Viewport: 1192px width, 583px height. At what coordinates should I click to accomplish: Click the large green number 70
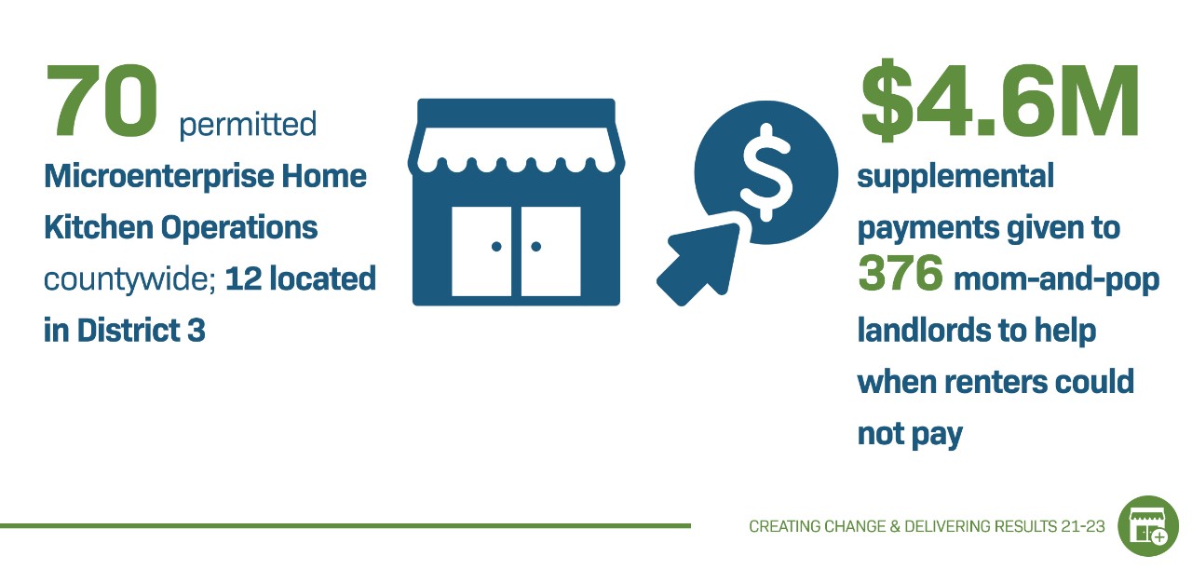tap(102, 101)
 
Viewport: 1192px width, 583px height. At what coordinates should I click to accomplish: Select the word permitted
tap(248, 126)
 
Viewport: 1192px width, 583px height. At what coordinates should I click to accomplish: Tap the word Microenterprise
tap(158, 177)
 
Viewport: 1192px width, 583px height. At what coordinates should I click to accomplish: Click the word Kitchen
tap(99, 227)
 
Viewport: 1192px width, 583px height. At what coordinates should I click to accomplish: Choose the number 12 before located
tap(243, 278)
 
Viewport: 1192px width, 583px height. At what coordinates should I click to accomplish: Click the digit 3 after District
tap(196, 331)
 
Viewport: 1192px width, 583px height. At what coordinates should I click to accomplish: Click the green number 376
tap(901, 272)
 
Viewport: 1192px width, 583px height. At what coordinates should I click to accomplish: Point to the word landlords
tap(924, 331)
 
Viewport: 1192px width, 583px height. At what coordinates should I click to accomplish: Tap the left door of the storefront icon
tap(481, 251)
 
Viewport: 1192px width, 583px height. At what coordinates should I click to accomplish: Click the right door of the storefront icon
tap(550, 251)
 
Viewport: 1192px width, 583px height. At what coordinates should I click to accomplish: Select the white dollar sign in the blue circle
tap(766, 172)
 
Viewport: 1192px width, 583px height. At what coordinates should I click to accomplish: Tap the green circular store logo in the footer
tap(1148, 526)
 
